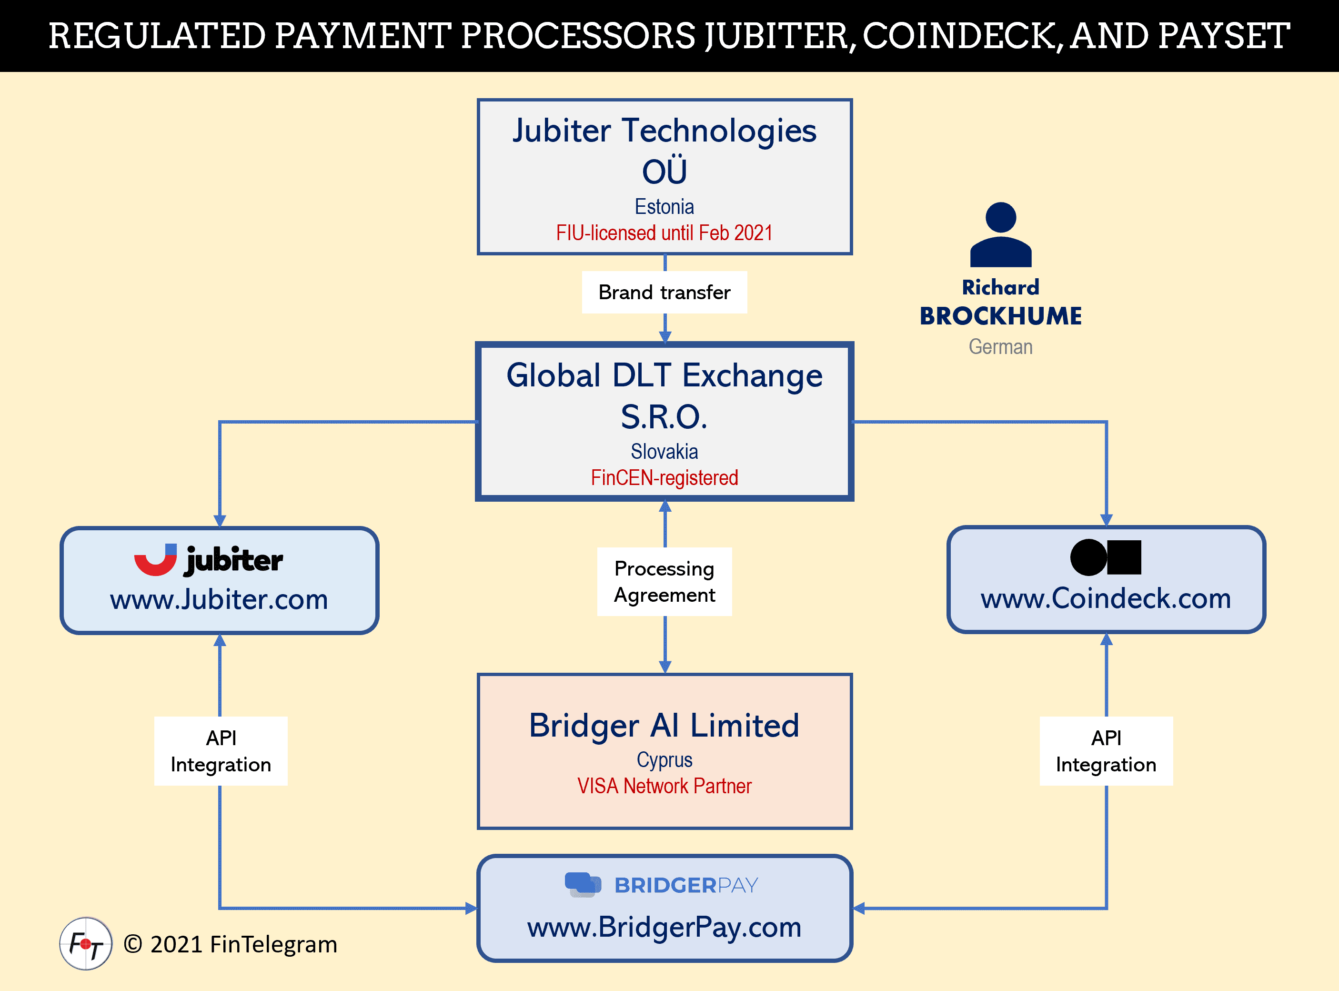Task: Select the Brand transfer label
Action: point(664,292)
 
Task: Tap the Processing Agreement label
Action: point(664,581)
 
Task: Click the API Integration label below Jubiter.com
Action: point(221,751)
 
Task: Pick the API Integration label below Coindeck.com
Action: point(1106,751)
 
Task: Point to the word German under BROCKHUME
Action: point(1000,347)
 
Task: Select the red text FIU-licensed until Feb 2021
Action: point(664,233)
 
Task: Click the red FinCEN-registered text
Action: point(664,477)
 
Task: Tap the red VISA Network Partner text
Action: point(664,786)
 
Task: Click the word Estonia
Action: point(664,206)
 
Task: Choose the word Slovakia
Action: point(664,451)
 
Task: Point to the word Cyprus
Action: point(664,760)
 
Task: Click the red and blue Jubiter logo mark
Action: point(156,560)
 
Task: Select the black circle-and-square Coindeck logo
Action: point(1106,557)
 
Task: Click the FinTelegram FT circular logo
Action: point(86,944)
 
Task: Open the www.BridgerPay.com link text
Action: point(664,928)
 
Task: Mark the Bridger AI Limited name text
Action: point(664,725)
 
